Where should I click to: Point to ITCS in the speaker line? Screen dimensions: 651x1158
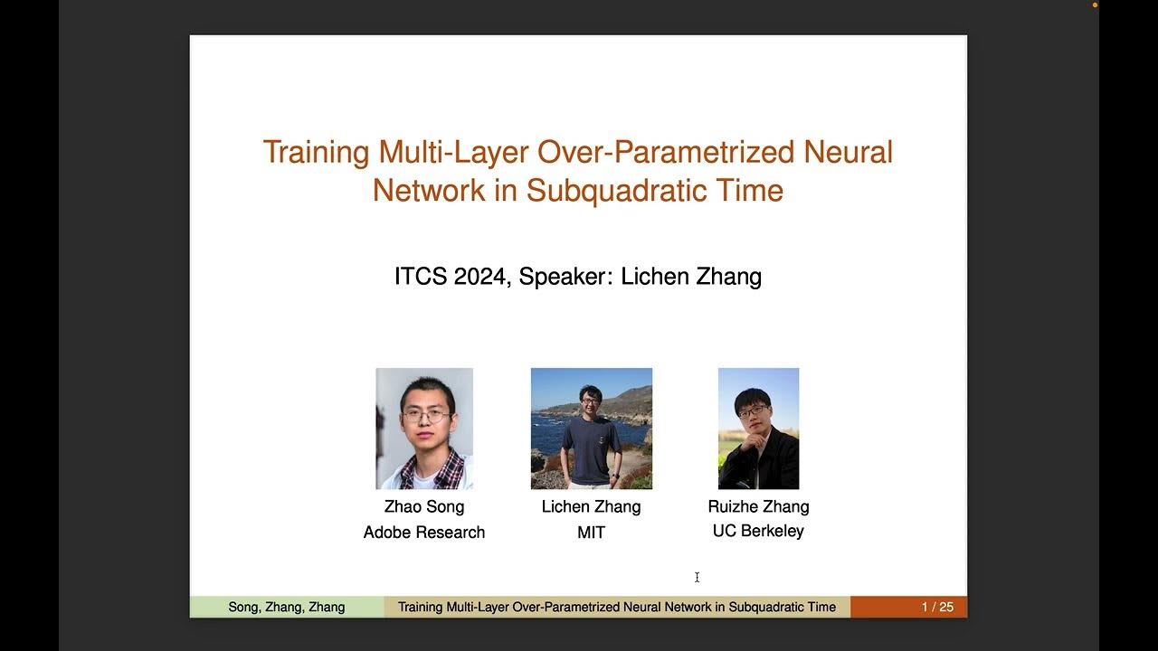pos(421,276)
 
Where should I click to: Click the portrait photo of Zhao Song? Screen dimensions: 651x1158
pos(424,429)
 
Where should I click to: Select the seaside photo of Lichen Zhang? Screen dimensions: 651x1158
pos(591,429)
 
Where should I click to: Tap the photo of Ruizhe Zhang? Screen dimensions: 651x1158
pos(758,429)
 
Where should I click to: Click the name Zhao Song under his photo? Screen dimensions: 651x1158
pos(424,506)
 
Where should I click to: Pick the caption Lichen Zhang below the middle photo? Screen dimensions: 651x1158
pos(591,506)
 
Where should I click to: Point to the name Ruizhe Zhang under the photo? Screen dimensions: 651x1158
pos(758,506)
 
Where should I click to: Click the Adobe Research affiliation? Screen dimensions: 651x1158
pos(424,533)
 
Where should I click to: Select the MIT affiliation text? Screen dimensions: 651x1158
pos(591,533)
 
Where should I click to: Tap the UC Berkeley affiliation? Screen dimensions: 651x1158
pos(758,531)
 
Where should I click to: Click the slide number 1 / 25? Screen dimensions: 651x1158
pos(937,607)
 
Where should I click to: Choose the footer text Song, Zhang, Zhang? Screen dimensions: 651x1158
pos(287,607)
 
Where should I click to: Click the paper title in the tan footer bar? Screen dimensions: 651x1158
pos(617,607)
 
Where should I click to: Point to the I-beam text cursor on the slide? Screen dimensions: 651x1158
pos(697,577)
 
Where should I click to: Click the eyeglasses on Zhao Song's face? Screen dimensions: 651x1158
pos(424,416)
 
